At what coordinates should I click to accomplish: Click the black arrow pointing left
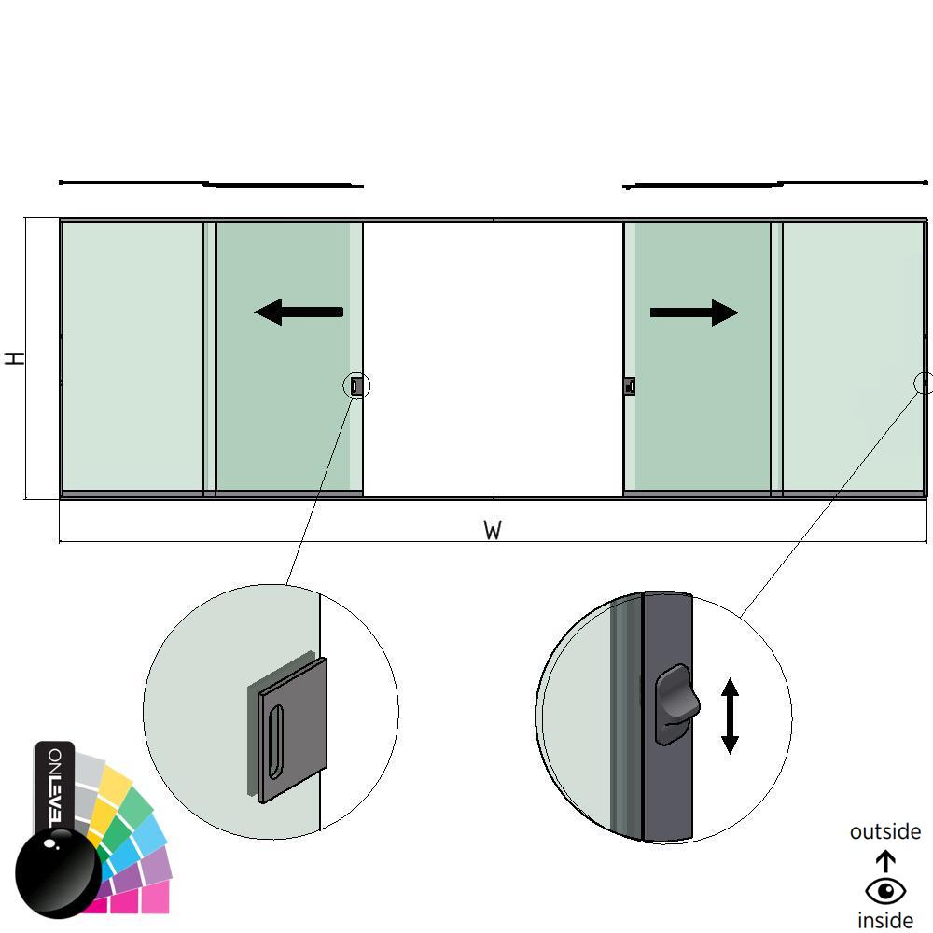click(x=299, y=312)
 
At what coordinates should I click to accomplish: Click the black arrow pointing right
click(x=694, y=313)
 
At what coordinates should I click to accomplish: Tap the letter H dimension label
click(x=15, y=357)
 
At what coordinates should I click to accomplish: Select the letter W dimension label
click(x=493, y=531)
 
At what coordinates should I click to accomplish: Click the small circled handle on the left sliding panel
click(x=356, y=385)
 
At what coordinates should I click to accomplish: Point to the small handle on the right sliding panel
click(x=630, y=386)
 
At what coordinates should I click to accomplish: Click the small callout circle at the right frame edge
click(x=924, y=383)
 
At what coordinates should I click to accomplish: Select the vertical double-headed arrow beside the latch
click(x=730, y=716)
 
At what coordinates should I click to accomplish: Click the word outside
click(x=884, y=831)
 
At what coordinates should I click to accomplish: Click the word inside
click(x=884, y=920)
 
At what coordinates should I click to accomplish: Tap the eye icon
click(x=884, y=891)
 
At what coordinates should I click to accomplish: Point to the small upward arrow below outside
click(x=884, y=861)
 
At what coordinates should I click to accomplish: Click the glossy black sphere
click(x=58, y=873)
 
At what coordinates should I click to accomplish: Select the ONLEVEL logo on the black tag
click(x=55, y=784)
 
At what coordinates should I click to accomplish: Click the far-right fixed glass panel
click(x=851, y=355)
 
